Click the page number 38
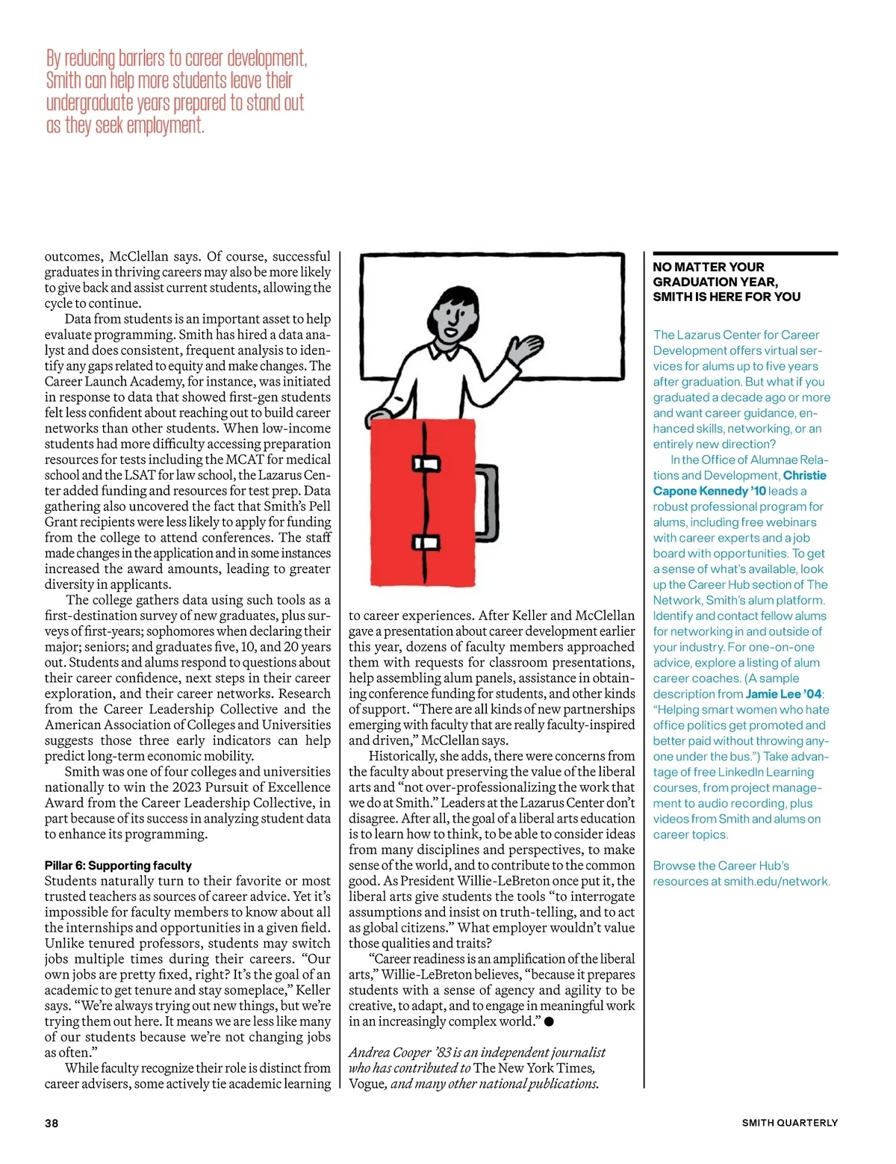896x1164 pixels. pyautogui.click(x=52, y=1123)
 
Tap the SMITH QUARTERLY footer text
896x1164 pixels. pyautogui.click(x=789, y=1123)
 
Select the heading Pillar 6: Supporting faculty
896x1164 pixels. pyautogui.click(x=118, y=865)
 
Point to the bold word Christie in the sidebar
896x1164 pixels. pyautogui.click(x=805, y=475)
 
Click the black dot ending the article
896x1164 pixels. pyautogui.click(x=549, y=1021)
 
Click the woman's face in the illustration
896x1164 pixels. pyautogui.click(x=453, y=316)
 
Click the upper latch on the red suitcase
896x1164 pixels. pyautogui.click(x=426, y=463)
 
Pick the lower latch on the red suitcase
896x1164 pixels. pyautogui.click(x=426, y=542)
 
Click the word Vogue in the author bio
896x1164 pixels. pyautogui.click(x=366, y=1084)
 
